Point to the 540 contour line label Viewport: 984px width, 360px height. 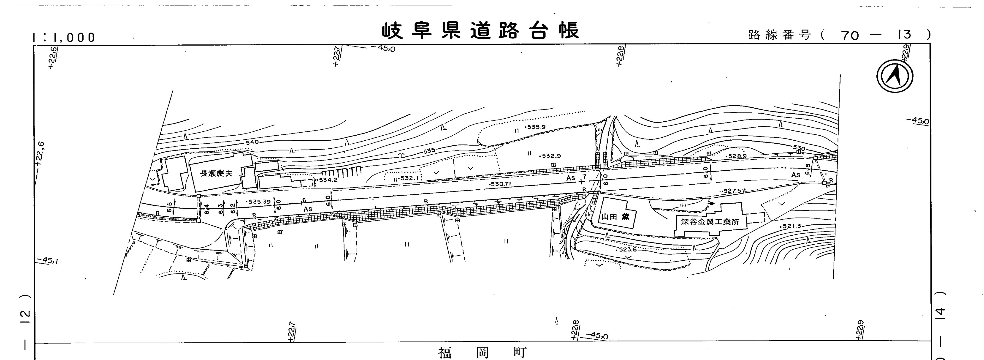(252, 142)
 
